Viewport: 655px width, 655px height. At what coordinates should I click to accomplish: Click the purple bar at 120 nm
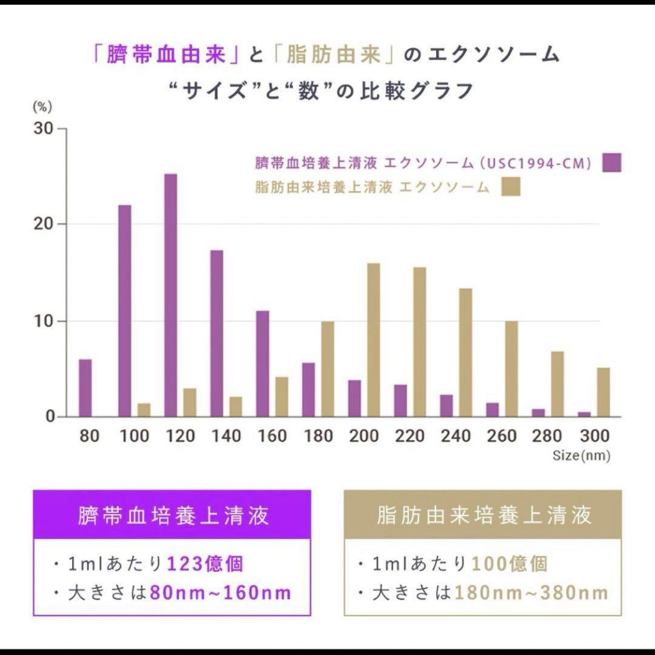pyautogui.click(x=170, y=295)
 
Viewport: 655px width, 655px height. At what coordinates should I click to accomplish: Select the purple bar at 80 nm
pyautogui.click(x=86, y=388)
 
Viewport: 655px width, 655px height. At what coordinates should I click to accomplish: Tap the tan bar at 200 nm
pyautogui.click(x=374, y=340)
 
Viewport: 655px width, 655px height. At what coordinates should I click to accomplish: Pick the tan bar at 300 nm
pyautogui.click(x=603, y=392)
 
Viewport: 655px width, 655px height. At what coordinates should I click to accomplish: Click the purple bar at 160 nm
pyautogui.click(x=263, y=364)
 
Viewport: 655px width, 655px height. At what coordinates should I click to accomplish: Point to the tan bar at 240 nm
pyautogui.click(x=465, y=352)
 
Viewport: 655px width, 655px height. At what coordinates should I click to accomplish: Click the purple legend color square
pyautogui.click(x=612, y=162)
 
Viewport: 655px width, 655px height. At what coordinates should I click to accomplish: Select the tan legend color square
pyautogui.click(x=511, y=187)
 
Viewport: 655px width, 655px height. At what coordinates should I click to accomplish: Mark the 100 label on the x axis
pyautogui.click(x=134, y=436)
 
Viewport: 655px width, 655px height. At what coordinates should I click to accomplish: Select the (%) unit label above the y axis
pyautogui.click(x=42, y=107)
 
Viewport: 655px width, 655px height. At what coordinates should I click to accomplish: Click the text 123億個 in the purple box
pyautogui.click(x=204, y=564)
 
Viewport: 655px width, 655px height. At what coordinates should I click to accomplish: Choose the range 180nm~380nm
pyautogui.click(x=531, y=593)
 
